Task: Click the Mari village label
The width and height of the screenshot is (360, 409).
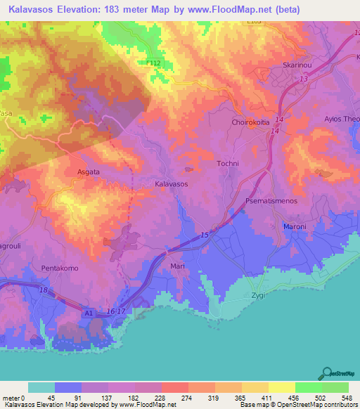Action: (x=177, y=267)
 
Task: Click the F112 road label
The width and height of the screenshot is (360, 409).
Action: (x=155, y=63)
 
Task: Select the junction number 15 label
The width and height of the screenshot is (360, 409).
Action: (x=204, y=234)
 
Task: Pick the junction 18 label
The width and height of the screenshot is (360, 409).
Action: (x=43, y=290)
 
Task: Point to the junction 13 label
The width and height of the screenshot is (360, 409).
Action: (x=303, y=80)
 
